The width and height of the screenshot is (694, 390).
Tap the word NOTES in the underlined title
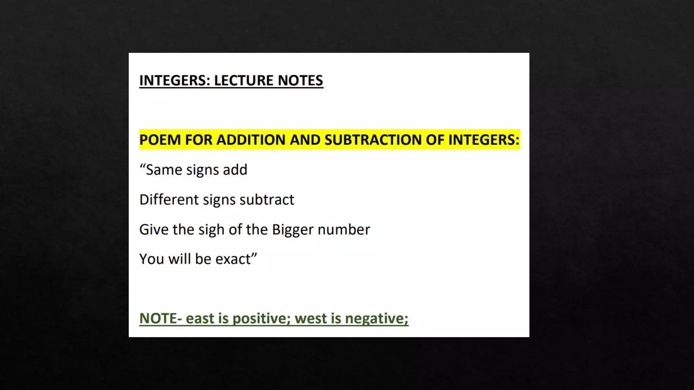click(x=300, y=81)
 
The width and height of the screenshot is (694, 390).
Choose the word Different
click(x=169, y=200)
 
